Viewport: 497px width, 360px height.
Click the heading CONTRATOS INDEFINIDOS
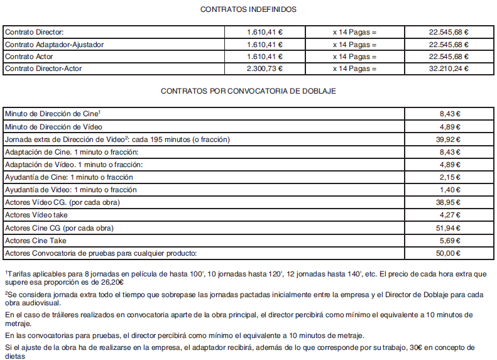(x=248, y=9)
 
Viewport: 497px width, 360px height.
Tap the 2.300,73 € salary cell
(x=264, y=68)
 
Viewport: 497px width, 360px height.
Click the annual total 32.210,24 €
(x=449, y=68)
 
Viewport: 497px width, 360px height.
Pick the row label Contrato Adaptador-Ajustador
(x=54, y=45)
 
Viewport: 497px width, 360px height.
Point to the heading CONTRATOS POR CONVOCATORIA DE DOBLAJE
(x=248, y=91)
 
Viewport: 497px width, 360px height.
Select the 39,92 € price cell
(x=449, y=139)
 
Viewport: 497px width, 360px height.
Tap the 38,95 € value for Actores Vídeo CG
(x=449, y=202)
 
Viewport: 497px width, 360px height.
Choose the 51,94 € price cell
(x=449, y=228)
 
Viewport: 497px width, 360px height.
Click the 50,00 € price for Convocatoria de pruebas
(x=449, y=253)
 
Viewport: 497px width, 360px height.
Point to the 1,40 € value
(x=449, y=190)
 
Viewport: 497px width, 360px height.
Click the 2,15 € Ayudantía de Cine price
(x=449, y=177)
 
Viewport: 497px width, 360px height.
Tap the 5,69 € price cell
(x=449, y=241)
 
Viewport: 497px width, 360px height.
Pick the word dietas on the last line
(x=14, y=356)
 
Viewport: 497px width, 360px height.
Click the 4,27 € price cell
(x=449, y=215)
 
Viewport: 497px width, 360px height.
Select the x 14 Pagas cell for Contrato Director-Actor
(x=354, y=68)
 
